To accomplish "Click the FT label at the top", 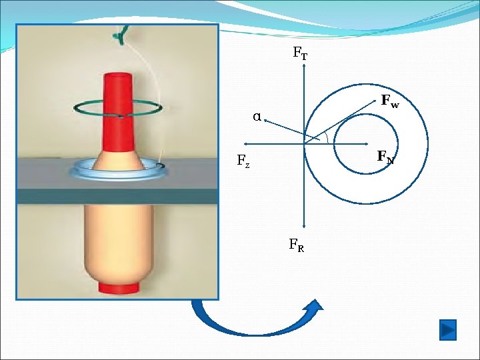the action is coord(300,53).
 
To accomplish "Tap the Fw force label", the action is coord(390,101).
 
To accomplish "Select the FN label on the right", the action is coord(385,157).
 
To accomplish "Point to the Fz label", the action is coord(243,161).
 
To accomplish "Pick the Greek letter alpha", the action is coord(257,117).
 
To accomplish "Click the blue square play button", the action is coord(448,329).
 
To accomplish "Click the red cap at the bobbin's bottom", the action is coord(119,287).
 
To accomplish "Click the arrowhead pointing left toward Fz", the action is coord(246,143).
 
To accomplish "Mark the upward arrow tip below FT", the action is coord(304,67).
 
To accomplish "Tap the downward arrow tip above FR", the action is coord(304,227).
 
